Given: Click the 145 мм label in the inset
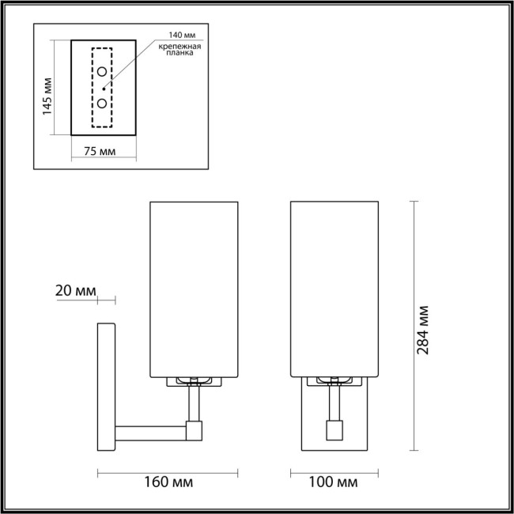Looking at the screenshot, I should (47, 95).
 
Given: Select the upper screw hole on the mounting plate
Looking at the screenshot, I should (103, 72).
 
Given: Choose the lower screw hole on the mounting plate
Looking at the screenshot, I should (103, 104).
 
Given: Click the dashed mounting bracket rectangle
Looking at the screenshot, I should (93, 87).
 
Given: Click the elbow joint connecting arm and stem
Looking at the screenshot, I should (193, 431).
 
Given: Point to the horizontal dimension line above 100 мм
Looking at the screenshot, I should (332, 473).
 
